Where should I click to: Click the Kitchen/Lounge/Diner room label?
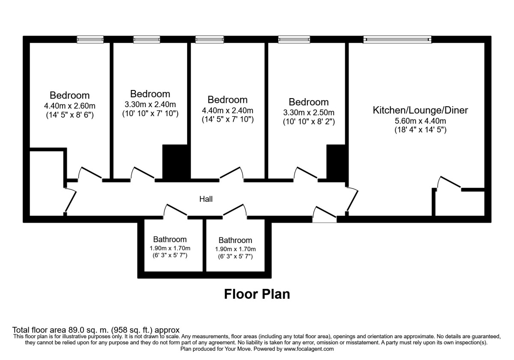click(420, 110)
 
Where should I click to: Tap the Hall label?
click(206, 199)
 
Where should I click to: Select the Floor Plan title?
click(257, 294)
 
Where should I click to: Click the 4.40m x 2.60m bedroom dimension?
click(69, 106)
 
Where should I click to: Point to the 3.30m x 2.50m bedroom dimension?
click(308, 113)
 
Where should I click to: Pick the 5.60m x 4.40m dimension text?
click(420, 121)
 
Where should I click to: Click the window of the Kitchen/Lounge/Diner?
click(397, 39)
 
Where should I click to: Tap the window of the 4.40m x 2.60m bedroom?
click(90, 39)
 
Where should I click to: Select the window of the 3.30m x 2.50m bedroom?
click(293, 39)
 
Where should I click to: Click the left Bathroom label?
click(170, 240)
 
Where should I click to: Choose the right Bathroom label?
click(235, 240)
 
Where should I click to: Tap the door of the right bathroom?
click(235, 210)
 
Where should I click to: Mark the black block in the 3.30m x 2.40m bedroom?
click(176, 163)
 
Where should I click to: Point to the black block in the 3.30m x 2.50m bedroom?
click(337, 163)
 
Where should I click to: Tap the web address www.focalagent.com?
click(303, 349)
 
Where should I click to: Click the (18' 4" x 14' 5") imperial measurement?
click(420, 130)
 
